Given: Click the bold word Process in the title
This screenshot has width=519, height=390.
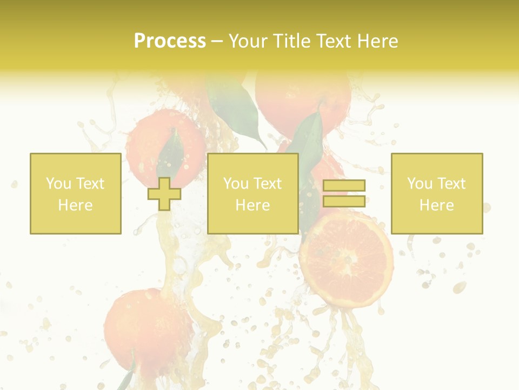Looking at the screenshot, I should [x=170, y=41].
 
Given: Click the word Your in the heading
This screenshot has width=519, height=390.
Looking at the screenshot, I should [x=247, y=41].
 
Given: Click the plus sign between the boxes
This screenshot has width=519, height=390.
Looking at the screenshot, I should [x=164, y=193].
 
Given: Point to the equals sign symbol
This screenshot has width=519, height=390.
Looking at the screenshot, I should [x=344, y=193].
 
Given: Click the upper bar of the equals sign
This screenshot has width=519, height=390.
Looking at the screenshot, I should [x=344, y=185].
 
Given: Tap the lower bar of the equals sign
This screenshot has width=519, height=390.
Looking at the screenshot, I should [x=344, y=201].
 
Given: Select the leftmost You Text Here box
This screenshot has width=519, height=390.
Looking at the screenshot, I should [x=75, y=193].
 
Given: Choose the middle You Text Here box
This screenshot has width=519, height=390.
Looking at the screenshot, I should [x=252, y=193].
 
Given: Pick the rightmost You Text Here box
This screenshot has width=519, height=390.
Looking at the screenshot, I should [x=437, y=193].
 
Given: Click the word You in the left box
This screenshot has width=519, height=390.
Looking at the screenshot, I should [x=58, y=184].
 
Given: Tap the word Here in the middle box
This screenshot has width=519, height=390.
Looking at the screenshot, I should [x=252, y=205].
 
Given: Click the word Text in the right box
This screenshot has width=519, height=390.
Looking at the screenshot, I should [x=451, y=184].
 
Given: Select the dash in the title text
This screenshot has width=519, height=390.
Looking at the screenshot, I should [x=217, y=41].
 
